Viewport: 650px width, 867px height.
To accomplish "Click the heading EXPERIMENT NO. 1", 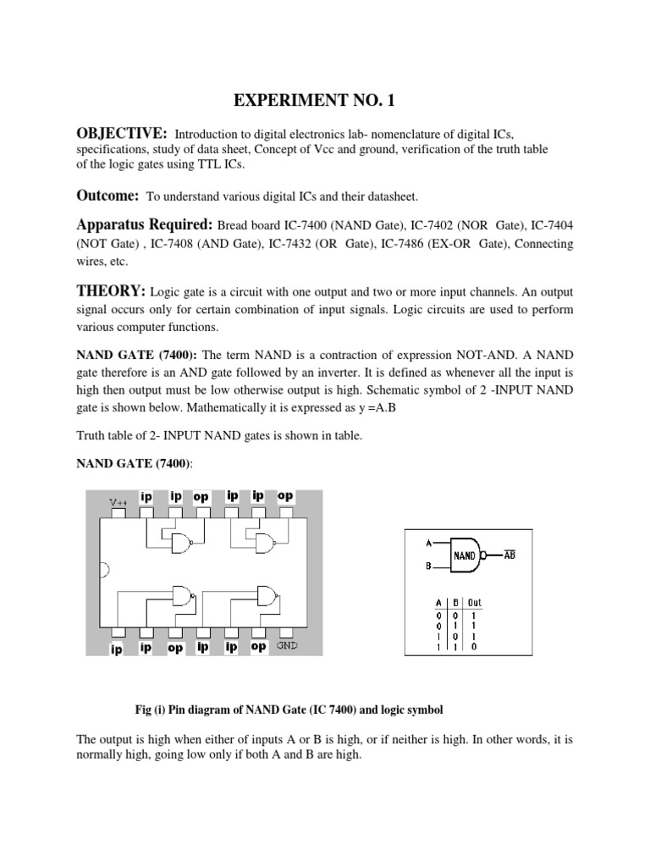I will (x=314, y=102).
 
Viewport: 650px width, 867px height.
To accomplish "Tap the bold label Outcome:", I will (x=108, y=196).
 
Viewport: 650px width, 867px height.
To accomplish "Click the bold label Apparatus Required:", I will (x=145, y=226).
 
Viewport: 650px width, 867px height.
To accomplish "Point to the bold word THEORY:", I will (x=111, y=291).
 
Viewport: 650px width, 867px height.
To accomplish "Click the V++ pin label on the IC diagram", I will (x=118, y=502).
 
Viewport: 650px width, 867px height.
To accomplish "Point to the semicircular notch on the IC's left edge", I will (x=104, y=571).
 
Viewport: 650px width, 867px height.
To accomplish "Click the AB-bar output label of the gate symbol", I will (x=510, y=554).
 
